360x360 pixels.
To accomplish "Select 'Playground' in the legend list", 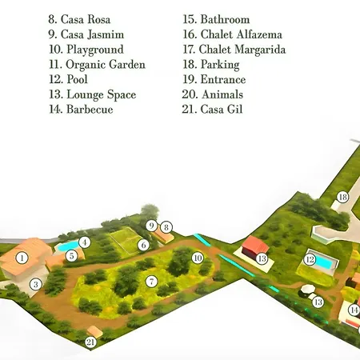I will (x=86, y=49).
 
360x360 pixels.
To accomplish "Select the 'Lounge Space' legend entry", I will (x=92, y=94).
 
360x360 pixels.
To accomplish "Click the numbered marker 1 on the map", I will (x=22, y=258).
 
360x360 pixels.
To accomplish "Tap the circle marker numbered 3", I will (x=34, y=284).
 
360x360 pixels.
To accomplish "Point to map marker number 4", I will (x=84, y=242).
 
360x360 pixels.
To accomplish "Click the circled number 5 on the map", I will (x=71, y=256).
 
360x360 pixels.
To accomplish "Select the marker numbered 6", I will (x=143, y=245).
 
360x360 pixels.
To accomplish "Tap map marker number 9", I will (x=152, y=226).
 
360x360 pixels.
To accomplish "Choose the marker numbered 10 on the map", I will (x=198, y=258).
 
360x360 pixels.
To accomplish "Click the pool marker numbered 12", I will (x=310, y=259).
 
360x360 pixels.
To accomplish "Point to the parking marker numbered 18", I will (x=342, y=197).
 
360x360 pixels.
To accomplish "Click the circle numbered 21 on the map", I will (x=90, y=342).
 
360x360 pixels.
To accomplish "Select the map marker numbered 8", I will (x=166, y=227).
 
